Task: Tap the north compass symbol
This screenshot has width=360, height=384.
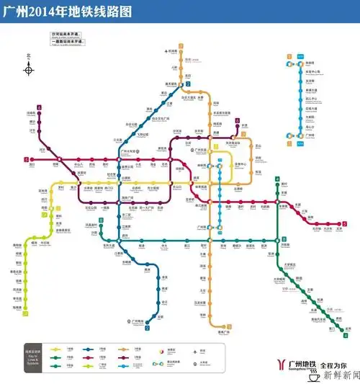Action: [29, 69]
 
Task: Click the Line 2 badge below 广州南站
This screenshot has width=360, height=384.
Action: [147, 328]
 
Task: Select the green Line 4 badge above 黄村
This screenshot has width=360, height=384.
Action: [277, 178]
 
